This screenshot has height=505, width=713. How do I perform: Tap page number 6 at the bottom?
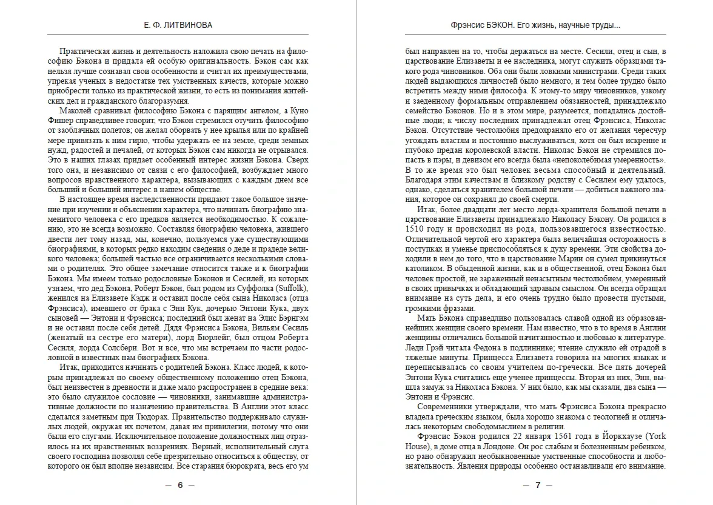click(180, 486)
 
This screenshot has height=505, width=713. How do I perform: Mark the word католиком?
click(427, 267)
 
